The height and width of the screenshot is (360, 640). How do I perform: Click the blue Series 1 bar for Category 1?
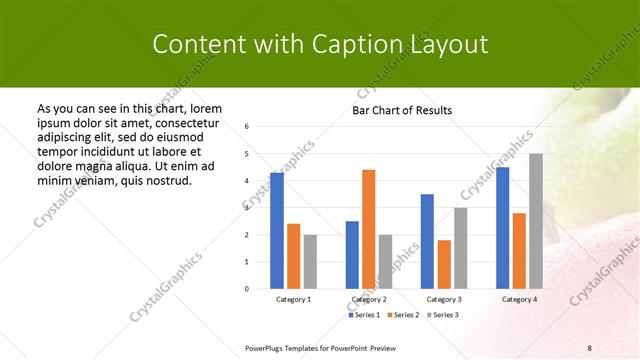click(277, 230)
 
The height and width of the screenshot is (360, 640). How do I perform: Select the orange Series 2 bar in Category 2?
click(368, 229)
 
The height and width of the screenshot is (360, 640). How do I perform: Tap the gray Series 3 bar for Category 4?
click(536, 221)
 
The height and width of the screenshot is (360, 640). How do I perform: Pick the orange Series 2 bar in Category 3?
click(444, 264)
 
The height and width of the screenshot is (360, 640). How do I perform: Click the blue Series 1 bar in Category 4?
click(502, 228)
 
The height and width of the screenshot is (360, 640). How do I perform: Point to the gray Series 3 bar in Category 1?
click(310, 262)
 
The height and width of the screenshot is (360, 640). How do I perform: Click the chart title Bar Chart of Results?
click(402, 110)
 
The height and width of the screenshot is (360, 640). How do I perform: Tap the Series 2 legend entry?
click(402, 315)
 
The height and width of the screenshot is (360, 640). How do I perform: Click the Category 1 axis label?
click(293, 299)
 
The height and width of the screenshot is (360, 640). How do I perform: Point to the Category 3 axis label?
click(444, 299)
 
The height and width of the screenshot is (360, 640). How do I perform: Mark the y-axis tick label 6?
click(247, 127)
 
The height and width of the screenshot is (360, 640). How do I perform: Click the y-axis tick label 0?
click(247, 289)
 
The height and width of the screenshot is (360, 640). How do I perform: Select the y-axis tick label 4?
click(247, 181)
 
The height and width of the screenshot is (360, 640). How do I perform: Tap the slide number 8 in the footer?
click(590, 348)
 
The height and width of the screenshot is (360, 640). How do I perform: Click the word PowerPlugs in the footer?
click(268, 348)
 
